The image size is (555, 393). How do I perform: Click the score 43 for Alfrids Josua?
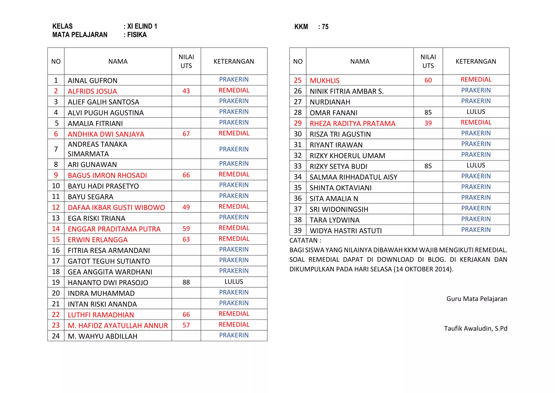186,91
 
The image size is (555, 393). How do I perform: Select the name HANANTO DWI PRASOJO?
108,283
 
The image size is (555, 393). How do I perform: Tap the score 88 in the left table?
186,282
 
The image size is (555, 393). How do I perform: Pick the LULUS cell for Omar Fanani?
476,112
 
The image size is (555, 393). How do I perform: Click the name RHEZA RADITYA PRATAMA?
352,123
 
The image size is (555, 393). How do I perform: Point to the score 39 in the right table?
428,123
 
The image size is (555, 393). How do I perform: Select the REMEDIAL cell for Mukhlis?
476,79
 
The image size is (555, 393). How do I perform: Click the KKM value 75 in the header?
325,27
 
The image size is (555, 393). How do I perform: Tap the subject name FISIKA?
137,35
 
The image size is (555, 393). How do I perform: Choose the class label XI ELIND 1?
142,26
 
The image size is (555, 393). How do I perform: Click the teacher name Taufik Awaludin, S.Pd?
476,328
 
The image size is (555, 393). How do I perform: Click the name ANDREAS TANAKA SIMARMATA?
98,149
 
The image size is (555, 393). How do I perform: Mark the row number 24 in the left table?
56,336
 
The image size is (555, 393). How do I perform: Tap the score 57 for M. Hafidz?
186,325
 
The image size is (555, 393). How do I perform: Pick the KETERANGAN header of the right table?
476,62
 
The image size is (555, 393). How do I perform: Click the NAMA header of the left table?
118,62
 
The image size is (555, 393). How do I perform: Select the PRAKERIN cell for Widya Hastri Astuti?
476,230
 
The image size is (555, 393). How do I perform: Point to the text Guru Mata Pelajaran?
477,299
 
